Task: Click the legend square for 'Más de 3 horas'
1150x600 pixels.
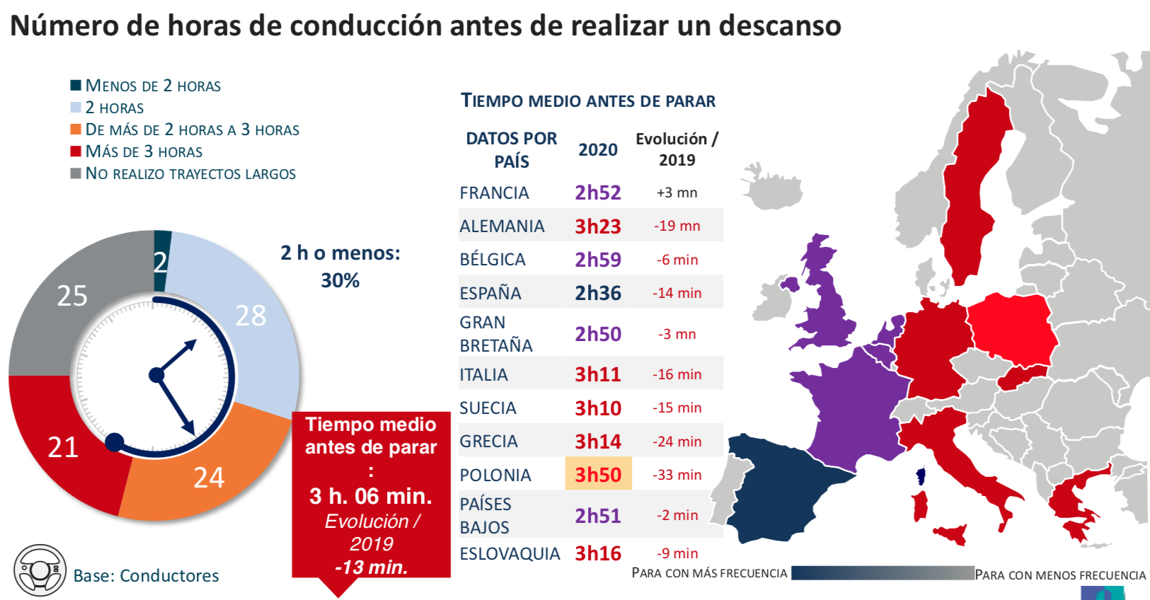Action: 76,151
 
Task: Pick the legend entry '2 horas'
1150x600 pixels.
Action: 114,108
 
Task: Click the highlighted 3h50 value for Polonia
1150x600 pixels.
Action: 598,474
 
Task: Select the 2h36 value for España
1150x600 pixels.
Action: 598,293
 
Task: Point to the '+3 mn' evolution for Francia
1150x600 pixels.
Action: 677,192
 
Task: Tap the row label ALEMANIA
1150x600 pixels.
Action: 502,226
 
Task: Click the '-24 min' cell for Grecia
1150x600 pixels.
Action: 677,442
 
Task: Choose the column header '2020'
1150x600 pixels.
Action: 598,149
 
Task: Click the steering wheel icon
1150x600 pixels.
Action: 40,570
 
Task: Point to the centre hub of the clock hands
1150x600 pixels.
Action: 156,375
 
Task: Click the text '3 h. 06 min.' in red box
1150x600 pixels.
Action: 371,495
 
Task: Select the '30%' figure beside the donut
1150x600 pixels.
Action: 340,281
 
